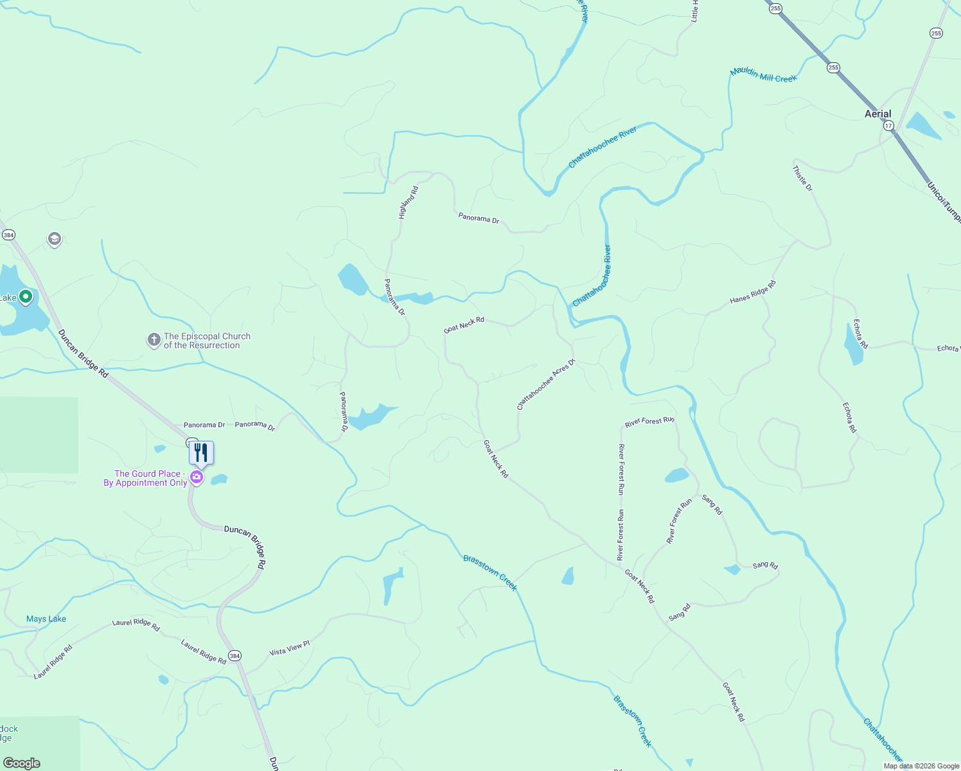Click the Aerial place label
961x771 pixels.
coord(877,114)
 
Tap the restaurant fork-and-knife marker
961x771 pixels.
coord(201,453)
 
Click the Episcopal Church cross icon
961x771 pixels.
coord(154,340)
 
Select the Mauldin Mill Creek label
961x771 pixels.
coord(763,75)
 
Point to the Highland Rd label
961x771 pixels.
coord(409,202)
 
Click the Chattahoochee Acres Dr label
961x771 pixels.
coord(546,384)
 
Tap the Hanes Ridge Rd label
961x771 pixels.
coord(753,292)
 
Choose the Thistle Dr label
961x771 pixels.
coord(802,179)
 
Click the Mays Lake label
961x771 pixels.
coord(46,619)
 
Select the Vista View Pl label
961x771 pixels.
coord(289,648)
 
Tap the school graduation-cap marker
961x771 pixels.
coord(55,239)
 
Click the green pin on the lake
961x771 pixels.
coord(26,297)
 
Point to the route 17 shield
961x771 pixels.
coord(888,126)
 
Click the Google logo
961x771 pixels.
coord(21,763)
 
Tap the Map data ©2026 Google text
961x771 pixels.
coord(921,766)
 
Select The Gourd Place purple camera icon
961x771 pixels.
coord(197,477)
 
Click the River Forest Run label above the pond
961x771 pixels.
coord(649,421)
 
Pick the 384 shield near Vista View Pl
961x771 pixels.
coord(234,656)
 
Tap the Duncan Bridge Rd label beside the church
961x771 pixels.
coord(83,353)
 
